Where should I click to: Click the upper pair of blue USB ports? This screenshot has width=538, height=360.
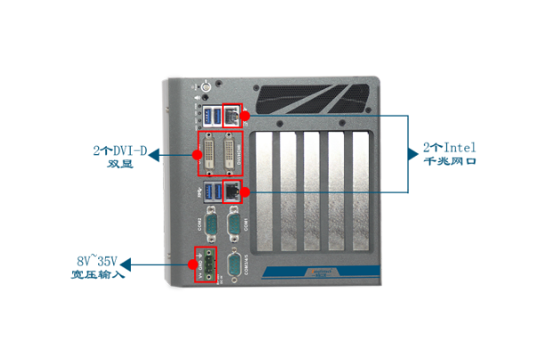[212, 115]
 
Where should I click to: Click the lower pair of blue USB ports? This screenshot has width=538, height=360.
[212, 191]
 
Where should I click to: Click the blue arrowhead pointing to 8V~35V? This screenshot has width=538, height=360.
[126, 264]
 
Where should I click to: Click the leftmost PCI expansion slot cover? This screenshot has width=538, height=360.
[264, 192]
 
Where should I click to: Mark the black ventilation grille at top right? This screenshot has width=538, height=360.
[316, 95]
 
